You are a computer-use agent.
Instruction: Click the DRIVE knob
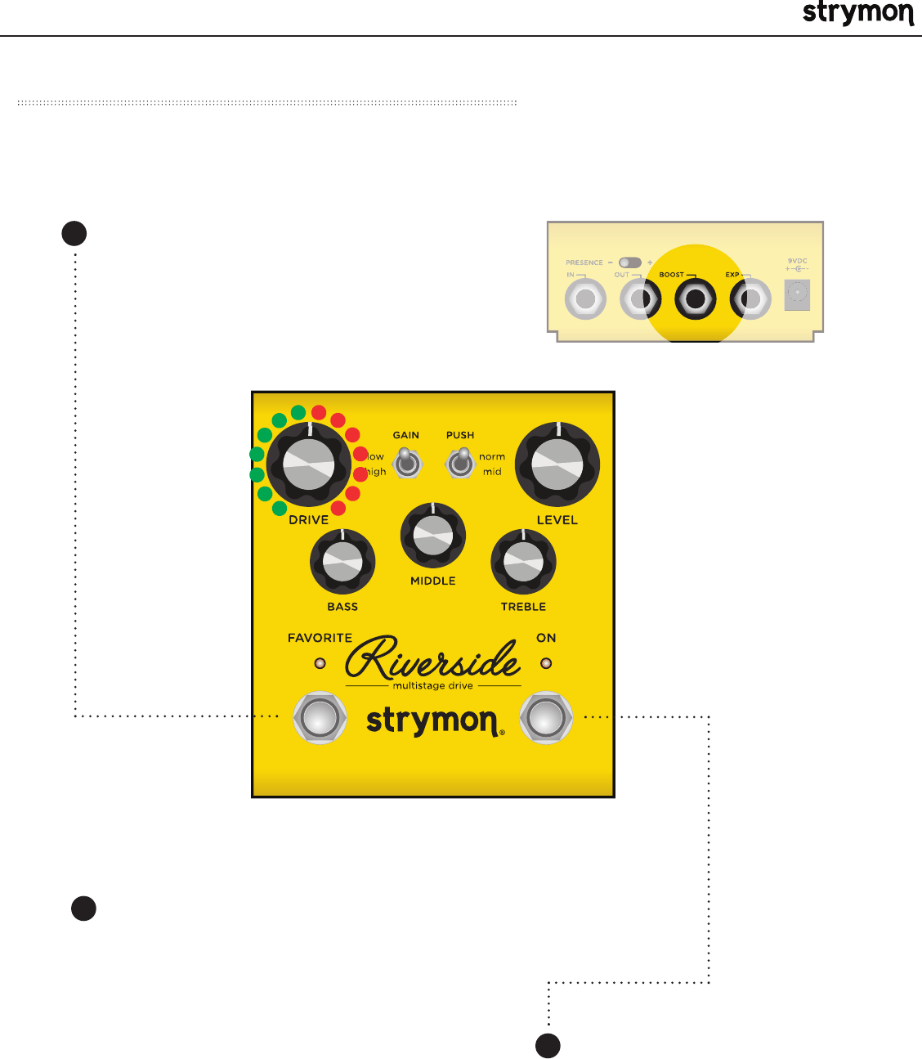[309, 464]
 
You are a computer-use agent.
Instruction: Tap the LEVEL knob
[557, 464]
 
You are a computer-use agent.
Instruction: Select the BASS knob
[342, 562]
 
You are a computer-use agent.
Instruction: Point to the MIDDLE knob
[433, 536]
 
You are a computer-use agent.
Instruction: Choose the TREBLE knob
[523, 562]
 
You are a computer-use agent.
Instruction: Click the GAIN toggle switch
[406, 464]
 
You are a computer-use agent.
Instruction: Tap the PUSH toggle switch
[460, 464]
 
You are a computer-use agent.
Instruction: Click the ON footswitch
[546, 718]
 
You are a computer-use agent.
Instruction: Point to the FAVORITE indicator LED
[320, 663]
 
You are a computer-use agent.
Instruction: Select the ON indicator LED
[546, 663]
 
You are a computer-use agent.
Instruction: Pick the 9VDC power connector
[797, 294]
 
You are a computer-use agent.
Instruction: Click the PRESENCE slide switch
[630, 263]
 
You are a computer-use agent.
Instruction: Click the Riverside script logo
[433, 658]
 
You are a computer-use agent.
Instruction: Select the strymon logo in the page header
[857, 14]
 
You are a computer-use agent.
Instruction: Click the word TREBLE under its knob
[523, 607]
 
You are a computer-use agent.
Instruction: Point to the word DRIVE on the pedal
[309, 520]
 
